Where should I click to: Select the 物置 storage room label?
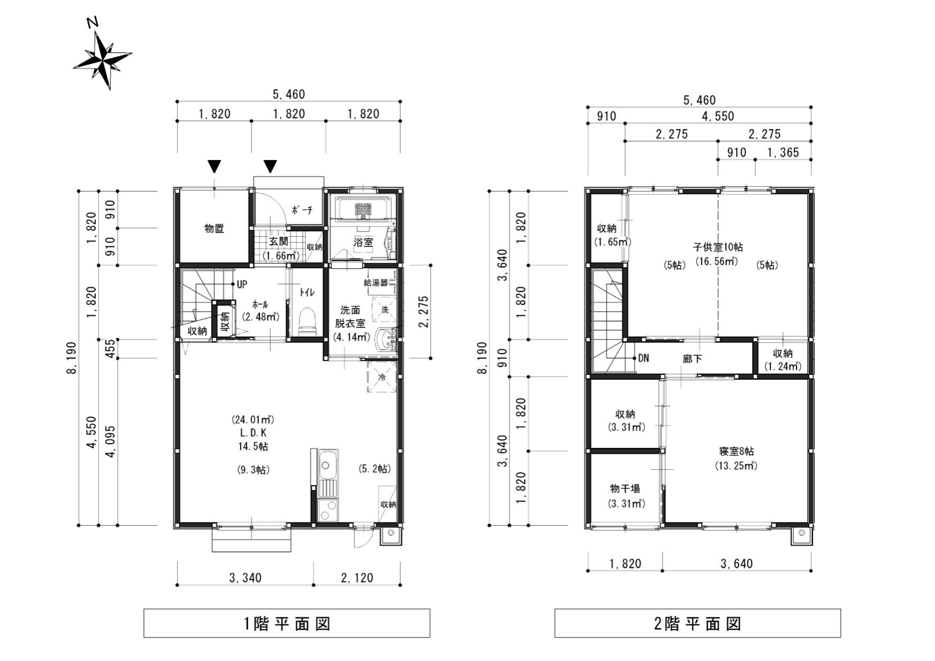pyautogui.click(x=214, y=228)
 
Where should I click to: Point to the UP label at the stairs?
pyautogui.click(x=242, y=284)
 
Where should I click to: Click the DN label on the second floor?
pyautogui.click(x=643, y=358)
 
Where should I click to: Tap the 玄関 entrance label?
pyautogui.click(x=279, y=241)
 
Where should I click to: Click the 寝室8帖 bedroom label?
pyautogui.click(x=736, y=451)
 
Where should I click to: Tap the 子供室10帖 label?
pyautogui.click(x=717, y=247)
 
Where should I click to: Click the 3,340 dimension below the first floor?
pyautogui.click(x=245, y=578)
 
